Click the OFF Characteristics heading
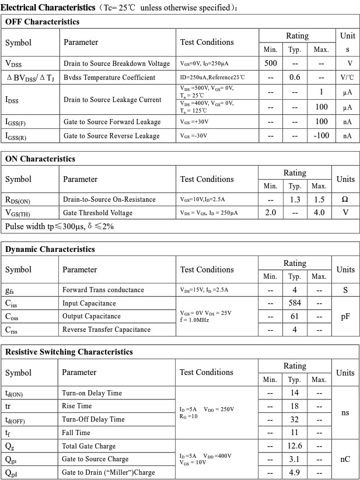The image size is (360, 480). pyautogui.click(x=42, y=22)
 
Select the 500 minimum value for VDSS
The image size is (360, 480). pyautogui.click(x=271, y=63)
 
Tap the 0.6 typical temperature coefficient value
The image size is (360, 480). pyautogui.click(x=295, y=77)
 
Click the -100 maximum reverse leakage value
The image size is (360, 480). pyautogui.click(x=321, y=136)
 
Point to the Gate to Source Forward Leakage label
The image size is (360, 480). pyautogui.click(x=111, y=122)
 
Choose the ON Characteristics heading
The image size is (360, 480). pyautogui.click(x=40, y=159)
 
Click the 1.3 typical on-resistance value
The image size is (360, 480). pyautogui.click(x=295, y=199)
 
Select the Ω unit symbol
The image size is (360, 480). pyautogui.click(x=345, y=199)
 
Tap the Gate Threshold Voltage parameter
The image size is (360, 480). pyautogui.click(x=97, y=213)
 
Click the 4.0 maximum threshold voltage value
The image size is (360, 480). pyautogui.click(x=319, y=213)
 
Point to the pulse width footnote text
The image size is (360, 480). pyautogui.click(x=60, y=226)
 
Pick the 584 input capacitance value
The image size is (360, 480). pyautogui.click(x=295, y=303)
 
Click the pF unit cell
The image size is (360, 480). pyautogui.click(x=345, y=316)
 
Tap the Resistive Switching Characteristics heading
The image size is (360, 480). pyautogui.click(x=69, y=352)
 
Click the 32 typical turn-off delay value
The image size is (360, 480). pyautogui.click(x=295, y=419)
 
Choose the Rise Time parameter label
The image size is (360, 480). pyautogui.click(x=77, y=406)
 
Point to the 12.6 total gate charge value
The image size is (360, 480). pyautogui.click(x=295, y=446)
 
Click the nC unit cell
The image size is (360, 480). pyautogui.click(x=345, y=459)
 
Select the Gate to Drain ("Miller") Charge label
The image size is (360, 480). pyautogui.click(x=109, y=472)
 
